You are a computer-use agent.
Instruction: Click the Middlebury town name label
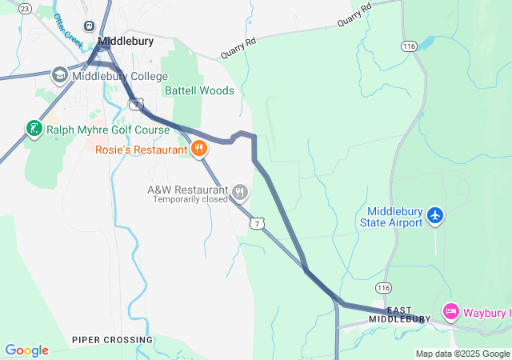tap(126, 40)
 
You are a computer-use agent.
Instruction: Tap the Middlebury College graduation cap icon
tap(60, 76)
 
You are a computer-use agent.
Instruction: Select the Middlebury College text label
tap(120, 77)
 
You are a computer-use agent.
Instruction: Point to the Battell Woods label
tap(199, 90)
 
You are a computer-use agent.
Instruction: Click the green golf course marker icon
tap(34, 129)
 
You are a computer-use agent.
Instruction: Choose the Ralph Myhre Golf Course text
tap(107, 130)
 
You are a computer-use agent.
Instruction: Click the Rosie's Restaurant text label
tap(140, 150)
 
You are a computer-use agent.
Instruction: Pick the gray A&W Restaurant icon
tap(240, 191)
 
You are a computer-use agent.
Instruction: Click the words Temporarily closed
tap(190, 200)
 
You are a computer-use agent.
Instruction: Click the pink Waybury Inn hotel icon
tap(450, 312)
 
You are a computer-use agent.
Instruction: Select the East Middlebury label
tap(399, 314)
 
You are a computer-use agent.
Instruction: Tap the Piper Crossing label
tap(112, 340)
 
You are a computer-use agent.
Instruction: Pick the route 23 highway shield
tap(24, 8)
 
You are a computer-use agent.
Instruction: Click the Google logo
tap(26, 350)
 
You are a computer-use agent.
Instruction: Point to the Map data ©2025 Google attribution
tap(462, 354)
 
